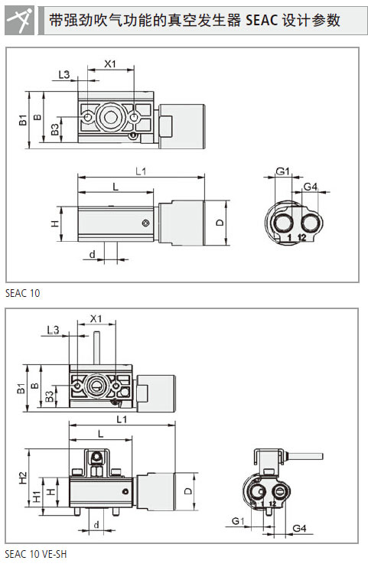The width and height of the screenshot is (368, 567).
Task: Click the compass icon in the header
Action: (x=20, y=21)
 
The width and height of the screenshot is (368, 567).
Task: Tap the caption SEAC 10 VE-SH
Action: (x=36, y=554)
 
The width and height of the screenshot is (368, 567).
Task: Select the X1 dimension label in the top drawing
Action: (x=110, y=64)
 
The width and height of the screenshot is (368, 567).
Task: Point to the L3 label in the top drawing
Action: (x=64, y=75)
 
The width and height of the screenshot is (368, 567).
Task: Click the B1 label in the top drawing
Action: (x=23, y=119)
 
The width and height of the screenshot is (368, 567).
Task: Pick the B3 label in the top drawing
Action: (x=54, y=129)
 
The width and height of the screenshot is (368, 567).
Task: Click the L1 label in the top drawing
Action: (x=141, y=171)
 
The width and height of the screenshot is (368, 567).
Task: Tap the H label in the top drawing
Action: (x=54, y=223)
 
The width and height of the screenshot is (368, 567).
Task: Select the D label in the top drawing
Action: (x=220, y=223)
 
